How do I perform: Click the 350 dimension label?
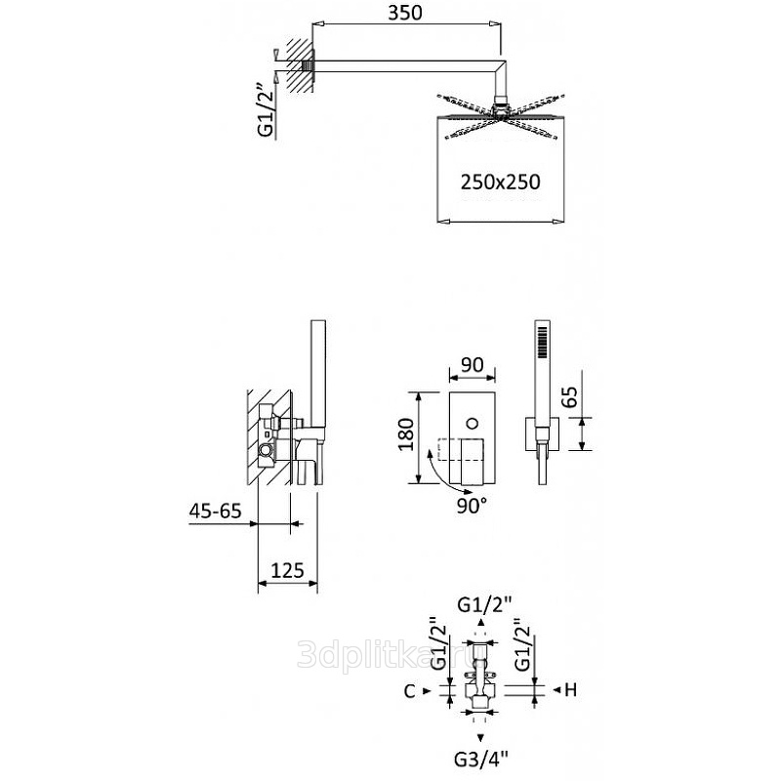click(x=405, y=13)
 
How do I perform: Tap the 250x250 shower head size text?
click(x=500, y=183)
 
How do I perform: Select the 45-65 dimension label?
click(x=215, y=511)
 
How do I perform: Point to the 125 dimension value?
click(x=287, y=570)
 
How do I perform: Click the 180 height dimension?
click(x=406, y=434)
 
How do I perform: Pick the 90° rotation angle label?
click(x=472, y=506)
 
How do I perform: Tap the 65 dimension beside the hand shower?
click(x=571, y=397)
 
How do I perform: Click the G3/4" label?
click(x=481, y=760)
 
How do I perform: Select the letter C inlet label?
click(x=409, y=691)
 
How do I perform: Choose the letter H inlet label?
click(x=571, y=690)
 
